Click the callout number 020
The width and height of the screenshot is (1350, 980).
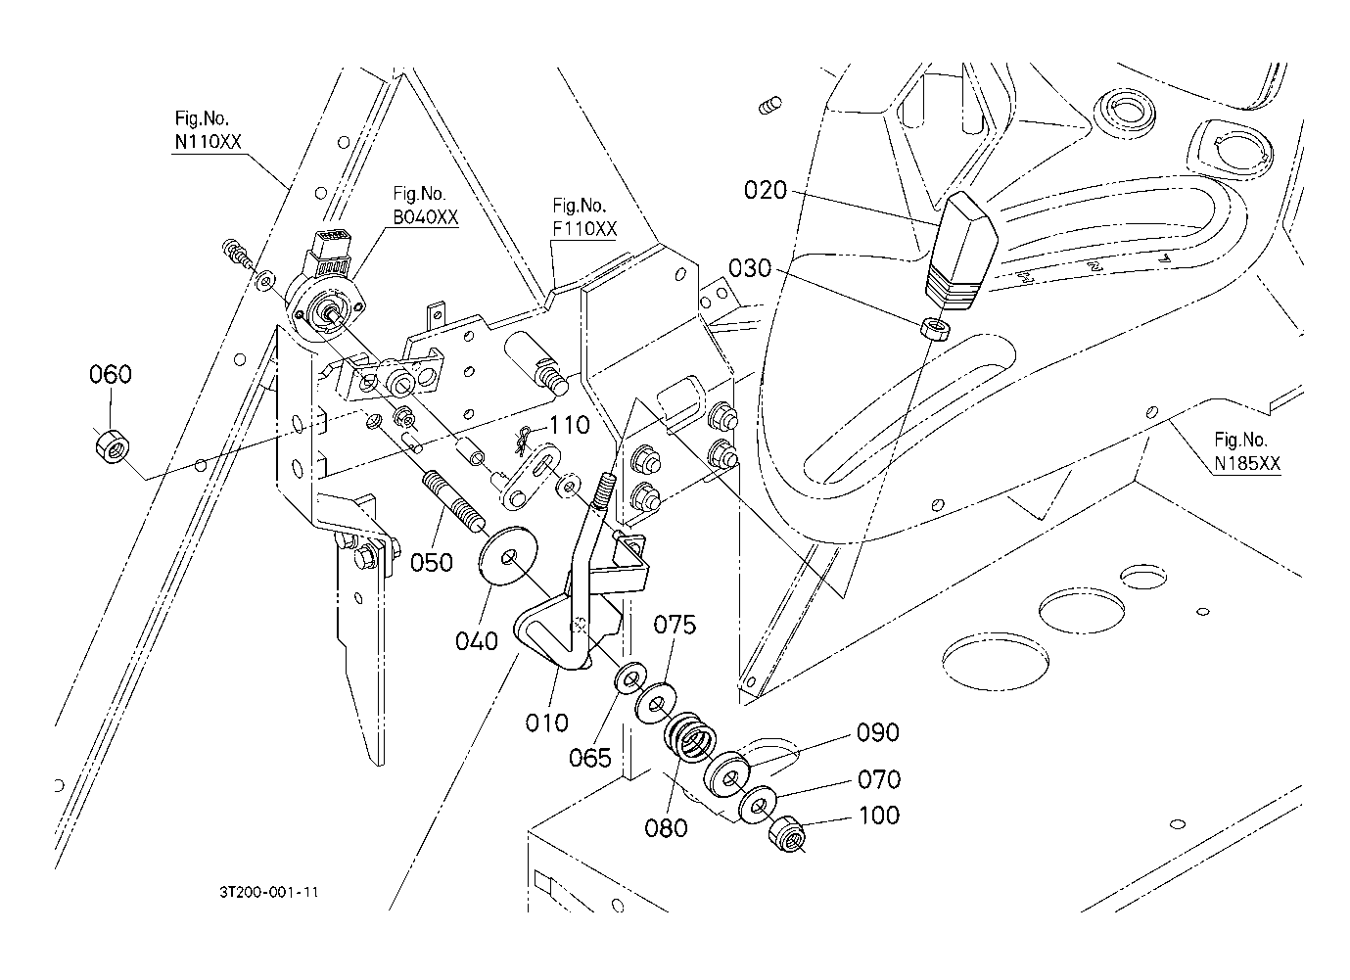tap(766, 191)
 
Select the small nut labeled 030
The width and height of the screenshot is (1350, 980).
tap(934, 329)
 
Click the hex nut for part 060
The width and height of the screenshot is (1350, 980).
tap(113, 446)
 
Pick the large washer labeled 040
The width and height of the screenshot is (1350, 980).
tap(508, 555)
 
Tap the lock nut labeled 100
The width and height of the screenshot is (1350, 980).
tap(786, 833)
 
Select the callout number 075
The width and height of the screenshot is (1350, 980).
tap(675, 625)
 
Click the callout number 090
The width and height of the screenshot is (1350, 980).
tap(878, 733)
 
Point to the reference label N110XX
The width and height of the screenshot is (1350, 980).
tap(208, 142)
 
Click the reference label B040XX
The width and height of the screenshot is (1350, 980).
tap(426, 217)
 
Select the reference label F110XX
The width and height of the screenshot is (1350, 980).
tap(584, 229)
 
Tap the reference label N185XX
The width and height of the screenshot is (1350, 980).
tap(1247, 463)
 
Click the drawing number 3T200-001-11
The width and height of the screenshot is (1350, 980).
tap(269, 892)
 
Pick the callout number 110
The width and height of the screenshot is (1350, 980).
tap(570, 426)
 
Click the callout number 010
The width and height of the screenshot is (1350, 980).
tap(546, 723)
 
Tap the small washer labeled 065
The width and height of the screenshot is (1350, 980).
tap(630, 678)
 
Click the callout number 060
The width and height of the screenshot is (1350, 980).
tap(111, 375)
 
